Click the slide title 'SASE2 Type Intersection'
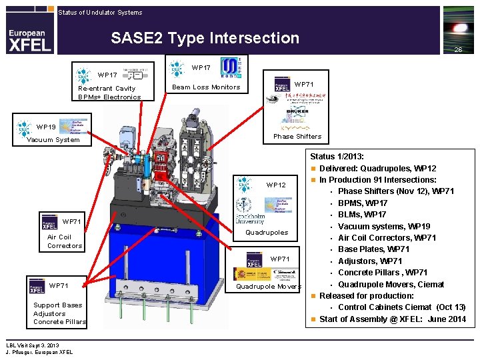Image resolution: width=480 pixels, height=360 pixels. click(205, 38)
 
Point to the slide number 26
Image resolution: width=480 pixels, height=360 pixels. click(458, 50)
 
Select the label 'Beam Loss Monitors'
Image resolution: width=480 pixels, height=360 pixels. click(206, 87)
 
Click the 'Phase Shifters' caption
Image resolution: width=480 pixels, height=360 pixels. click(297, 137)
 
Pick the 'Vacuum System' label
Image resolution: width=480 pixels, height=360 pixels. click(53, 140)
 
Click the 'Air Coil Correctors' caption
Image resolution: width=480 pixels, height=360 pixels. click(65, 241)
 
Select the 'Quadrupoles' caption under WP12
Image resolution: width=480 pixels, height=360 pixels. click(267, 233)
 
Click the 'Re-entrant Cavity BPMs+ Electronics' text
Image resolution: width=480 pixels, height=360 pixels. click(109, 93)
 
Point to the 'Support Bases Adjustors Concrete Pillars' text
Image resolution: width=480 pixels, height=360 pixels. click(59, 313)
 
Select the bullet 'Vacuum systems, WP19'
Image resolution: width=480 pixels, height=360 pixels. click(384, 226)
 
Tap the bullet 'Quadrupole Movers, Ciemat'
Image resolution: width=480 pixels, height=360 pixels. click(391, 285)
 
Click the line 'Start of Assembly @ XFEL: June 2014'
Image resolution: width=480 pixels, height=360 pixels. click(393, 319)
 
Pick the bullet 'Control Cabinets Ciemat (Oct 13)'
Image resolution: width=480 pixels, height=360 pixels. click(401, 307)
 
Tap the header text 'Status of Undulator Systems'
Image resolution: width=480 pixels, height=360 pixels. click(100, 12)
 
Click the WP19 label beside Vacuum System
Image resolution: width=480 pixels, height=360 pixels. click(47, 127)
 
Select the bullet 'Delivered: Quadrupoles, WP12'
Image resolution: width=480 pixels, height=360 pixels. click(377, 168)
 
